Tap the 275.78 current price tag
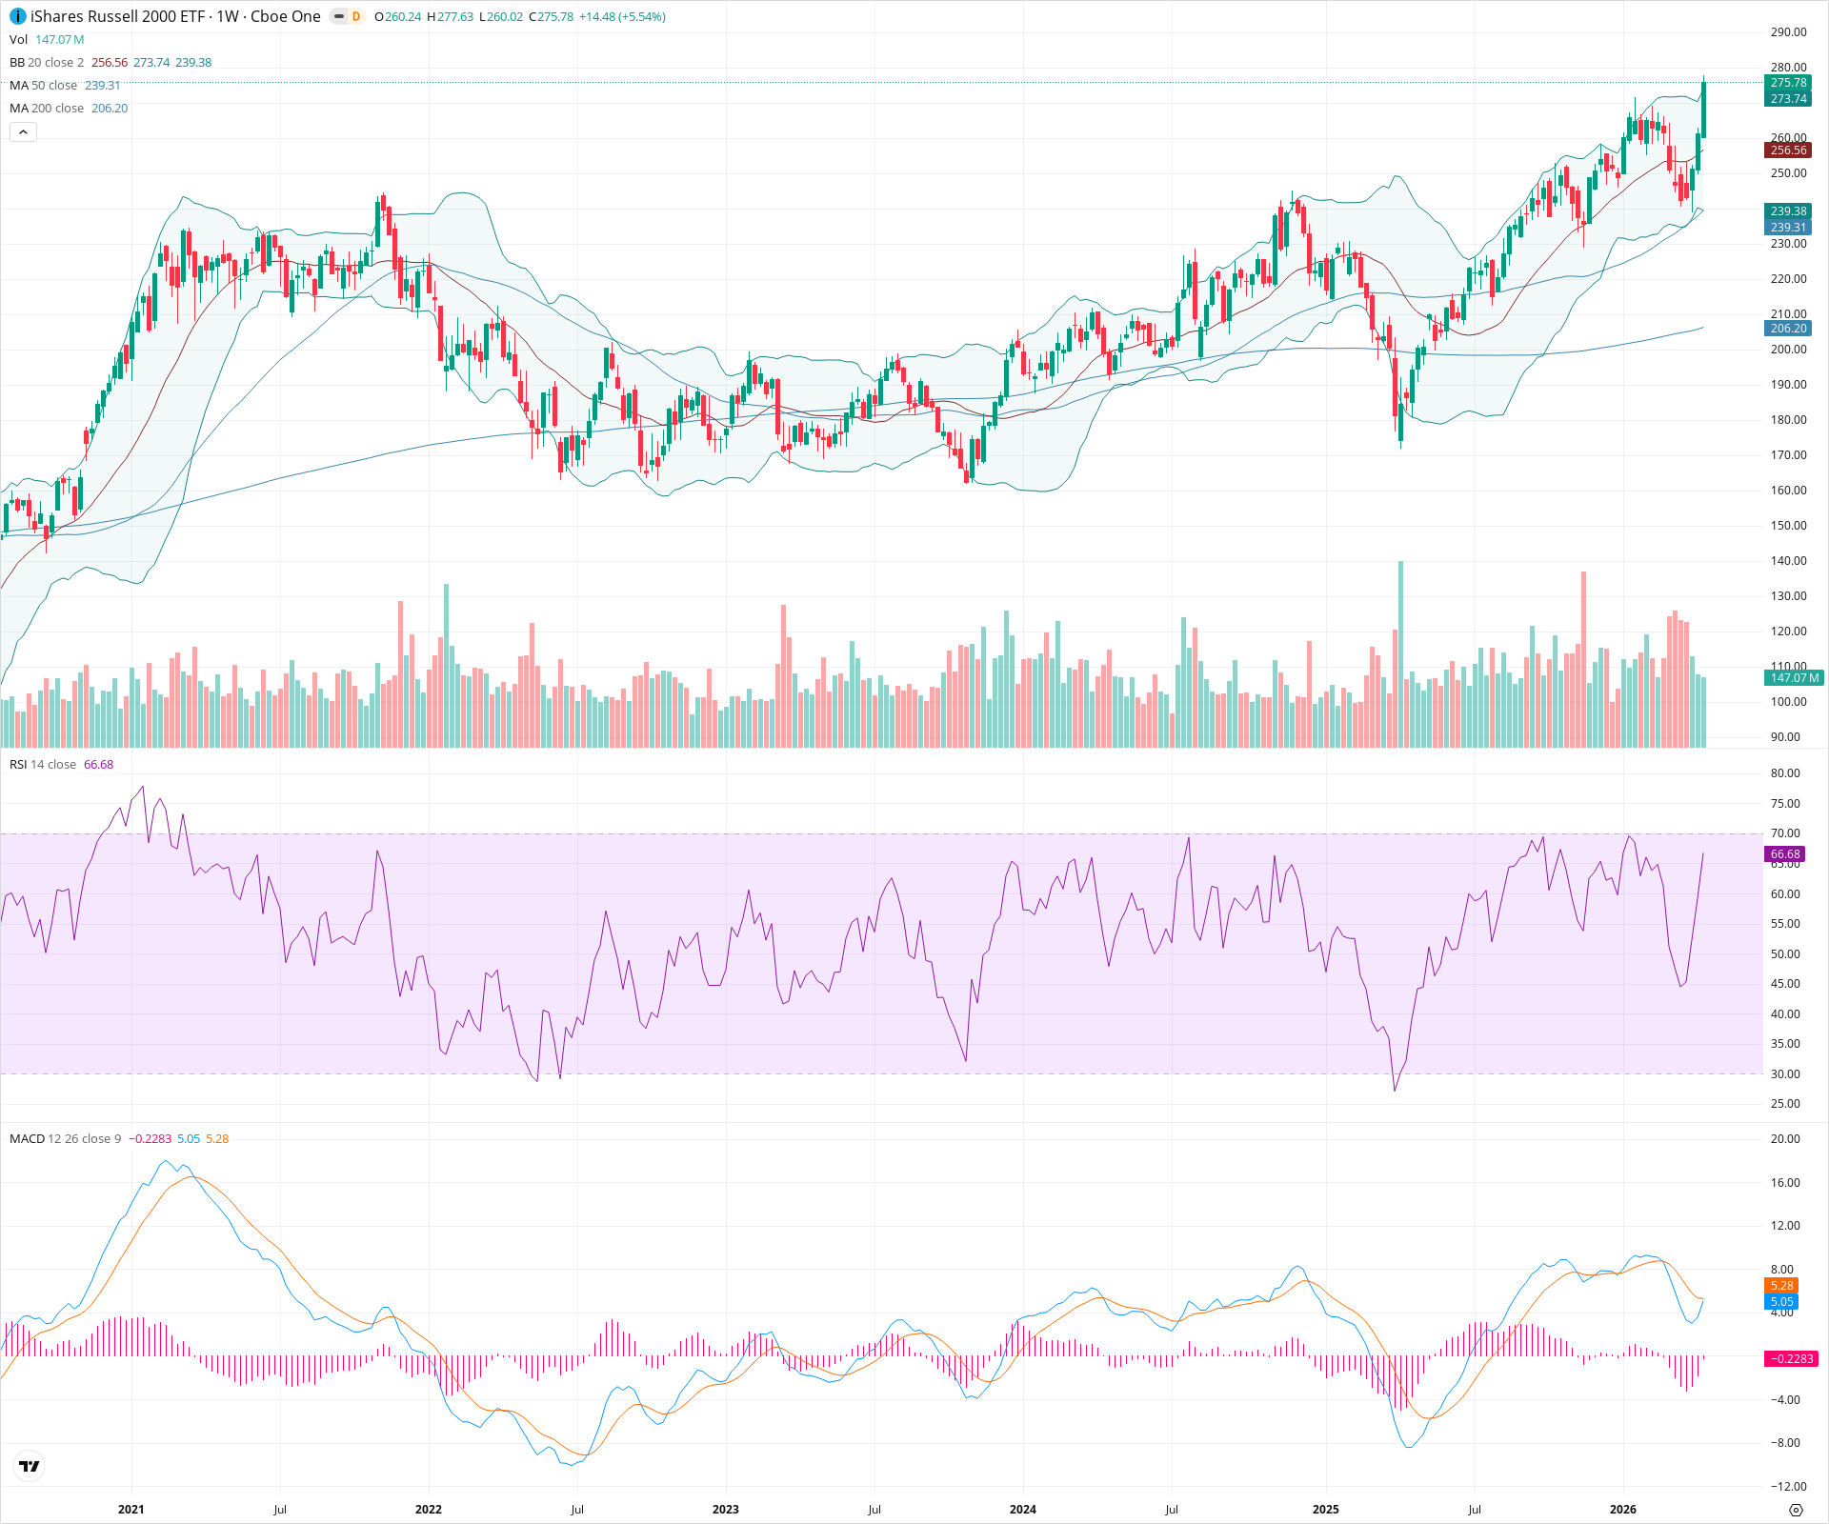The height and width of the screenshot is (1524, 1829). click(1788, 83)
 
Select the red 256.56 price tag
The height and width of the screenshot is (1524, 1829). click(1788, 150)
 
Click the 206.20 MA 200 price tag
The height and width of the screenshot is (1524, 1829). click(1788, 329)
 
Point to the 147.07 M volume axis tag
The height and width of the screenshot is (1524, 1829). click(1794, 678)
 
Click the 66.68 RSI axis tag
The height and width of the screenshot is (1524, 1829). click(1785, 854)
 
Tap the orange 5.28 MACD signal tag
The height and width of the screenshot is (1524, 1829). click(1781, 1286)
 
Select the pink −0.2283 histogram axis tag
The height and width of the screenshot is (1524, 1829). click(1790, 1359)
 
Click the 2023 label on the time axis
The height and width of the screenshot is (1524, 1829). click(725, 1510)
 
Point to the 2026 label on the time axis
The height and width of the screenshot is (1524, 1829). click(1622, 1510)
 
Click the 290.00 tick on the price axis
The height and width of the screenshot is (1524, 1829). click(1788, 32)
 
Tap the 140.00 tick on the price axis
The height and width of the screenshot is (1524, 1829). click(1788, 561)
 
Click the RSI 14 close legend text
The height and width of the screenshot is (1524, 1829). click(43, 765)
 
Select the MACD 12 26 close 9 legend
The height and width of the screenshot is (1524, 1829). click(65, 1139)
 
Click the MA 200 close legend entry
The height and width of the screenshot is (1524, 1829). click(47, 109)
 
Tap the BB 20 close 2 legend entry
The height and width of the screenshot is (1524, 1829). click(47, 63)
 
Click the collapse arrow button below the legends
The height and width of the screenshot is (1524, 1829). click(23, 132)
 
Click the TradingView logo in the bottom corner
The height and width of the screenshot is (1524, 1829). click(30, 1466)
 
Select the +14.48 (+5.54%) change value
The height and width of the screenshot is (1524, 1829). click(622, 17)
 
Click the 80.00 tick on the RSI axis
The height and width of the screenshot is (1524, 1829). click(1785, 773)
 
